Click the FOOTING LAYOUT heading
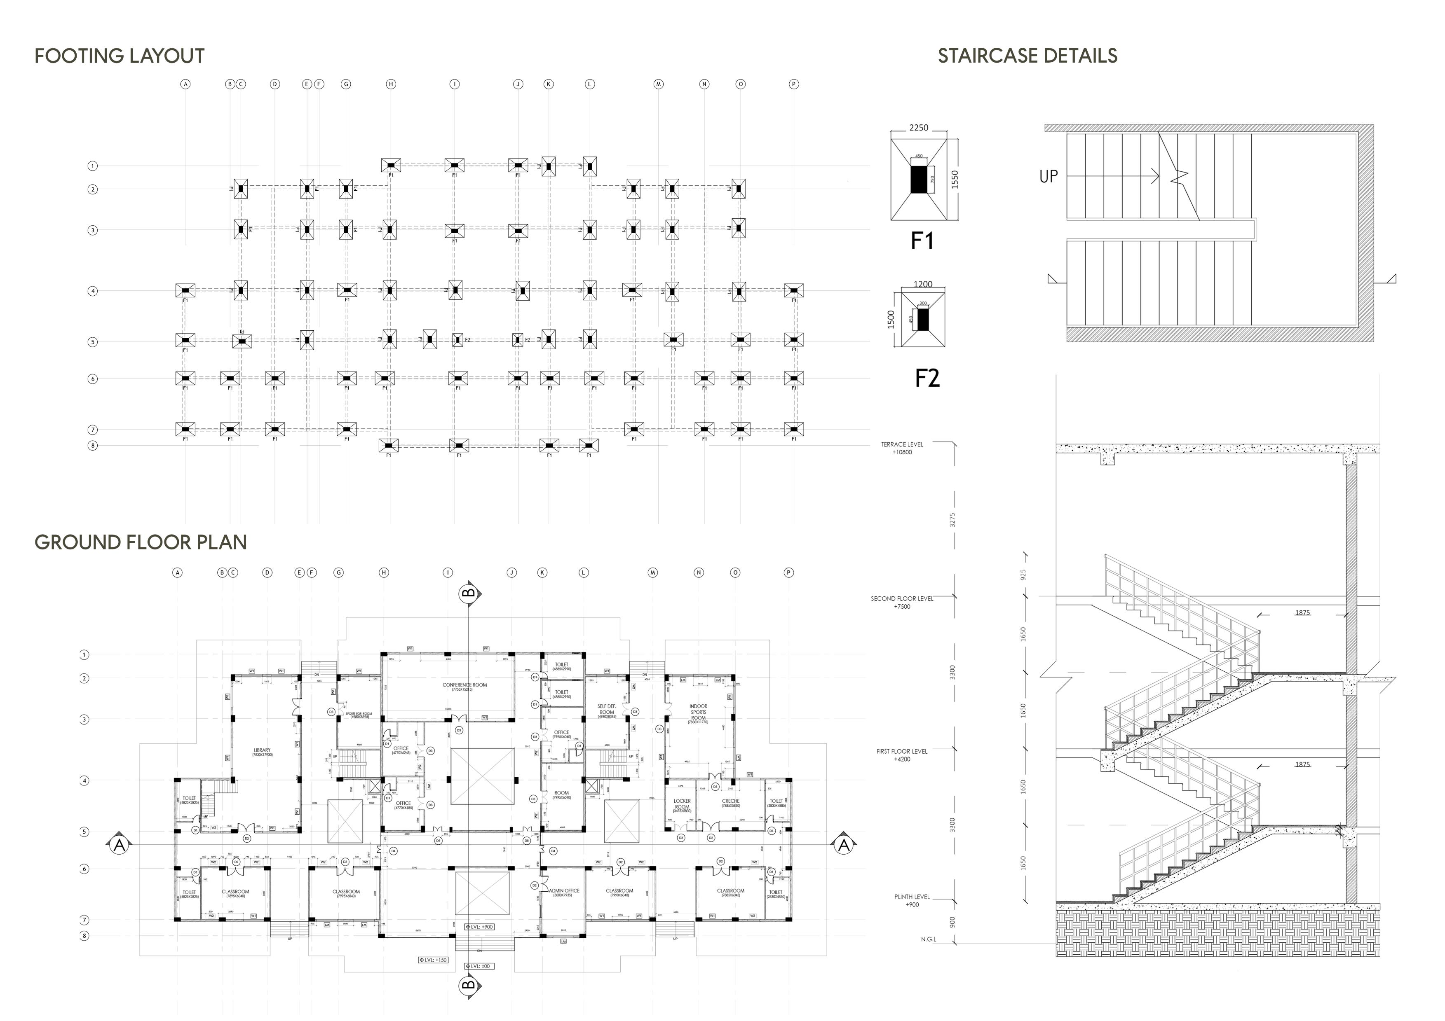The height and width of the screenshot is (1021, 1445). (120, 56)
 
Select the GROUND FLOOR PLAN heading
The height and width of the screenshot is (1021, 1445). (141, 542)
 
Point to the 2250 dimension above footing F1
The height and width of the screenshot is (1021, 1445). (918, 128)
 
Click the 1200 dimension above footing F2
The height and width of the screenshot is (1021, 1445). (923, 284)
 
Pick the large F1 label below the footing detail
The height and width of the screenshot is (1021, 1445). (922, 241)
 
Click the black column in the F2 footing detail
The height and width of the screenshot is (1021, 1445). (923, 320)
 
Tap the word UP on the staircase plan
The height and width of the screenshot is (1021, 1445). (1049, 177)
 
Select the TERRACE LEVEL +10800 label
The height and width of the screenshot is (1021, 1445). (902, 448)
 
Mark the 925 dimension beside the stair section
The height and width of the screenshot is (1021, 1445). (1023, 575)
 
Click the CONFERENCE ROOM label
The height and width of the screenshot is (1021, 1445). (464, 686)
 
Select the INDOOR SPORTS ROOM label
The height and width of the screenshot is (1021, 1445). (698, 712)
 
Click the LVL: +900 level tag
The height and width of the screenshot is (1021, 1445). (480, 927)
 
